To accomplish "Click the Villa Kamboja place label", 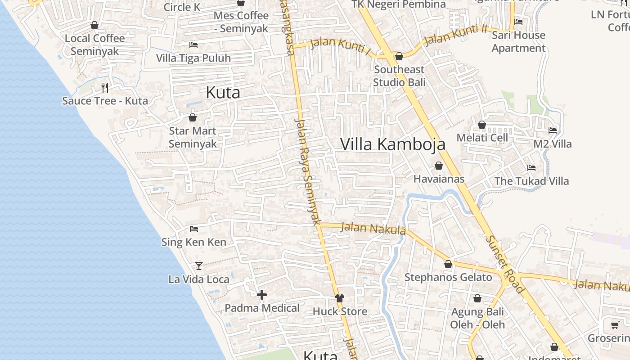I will tap(392, 144).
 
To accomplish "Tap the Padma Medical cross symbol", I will tap(262, 295).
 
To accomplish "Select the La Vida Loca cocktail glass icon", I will tap(198, 265).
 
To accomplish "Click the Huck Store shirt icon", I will tap(339, 298).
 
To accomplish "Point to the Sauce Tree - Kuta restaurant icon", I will tap(104, 87).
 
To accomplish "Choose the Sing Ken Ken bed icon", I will tap(194, 229).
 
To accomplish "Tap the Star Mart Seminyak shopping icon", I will tap(193, 118).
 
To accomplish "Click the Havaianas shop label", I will tap(439, 179).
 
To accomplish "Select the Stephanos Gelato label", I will tap(448, 277).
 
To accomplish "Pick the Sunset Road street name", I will tap(505, 265).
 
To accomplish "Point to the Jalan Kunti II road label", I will tap(455, 35).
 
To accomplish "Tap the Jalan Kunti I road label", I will tap(340, 47).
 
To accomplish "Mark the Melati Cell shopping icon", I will tap(482, 125).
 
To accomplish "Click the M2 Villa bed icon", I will tap(553, 130).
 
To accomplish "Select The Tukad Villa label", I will tap(531, 181).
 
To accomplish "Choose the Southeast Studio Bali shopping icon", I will tap(399, 56).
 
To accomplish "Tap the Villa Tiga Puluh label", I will tap(193, 58).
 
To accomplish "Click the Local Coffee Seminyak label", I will tap(94, 45).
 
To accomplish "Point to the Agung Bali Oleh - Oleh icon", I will tap(477, 298).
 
